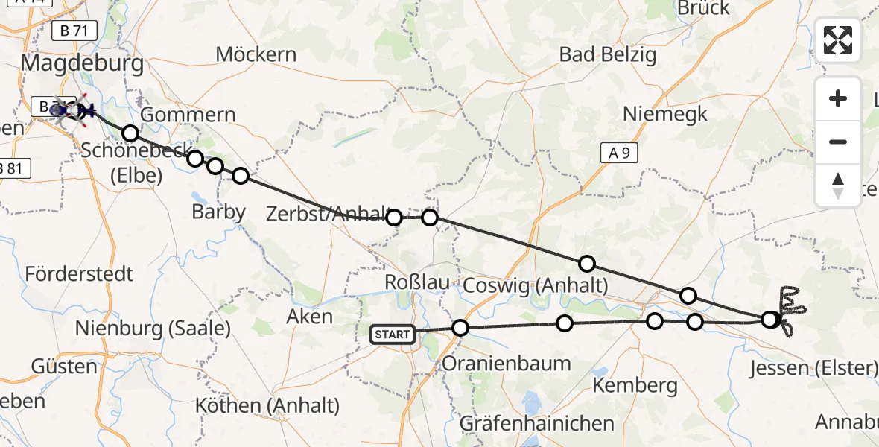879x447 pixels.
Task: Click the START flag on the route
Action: (393, 335)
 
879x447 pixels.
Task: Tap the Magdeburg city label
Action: (83, 63)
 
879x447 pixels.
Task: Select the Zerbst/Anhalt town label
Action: (325, 215)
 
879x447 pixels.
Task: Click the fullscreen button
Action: (838, 40)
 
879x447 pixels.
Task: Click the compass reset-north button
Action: (838, 186)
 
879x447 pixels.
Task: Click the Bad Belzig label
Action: (607, 54)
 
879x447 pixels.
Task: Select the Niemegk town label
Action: (665, 114)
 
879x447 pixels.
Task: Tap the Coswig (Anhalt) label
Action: (536, 285)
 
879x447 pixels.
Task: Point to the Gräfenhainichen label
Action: (536, 423)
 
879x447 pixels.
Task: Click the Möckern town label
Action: (256, 54)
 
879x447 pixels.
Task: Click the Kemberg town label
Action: (635, 385)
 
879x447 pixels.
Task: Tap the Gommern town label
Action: (188, 115)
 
